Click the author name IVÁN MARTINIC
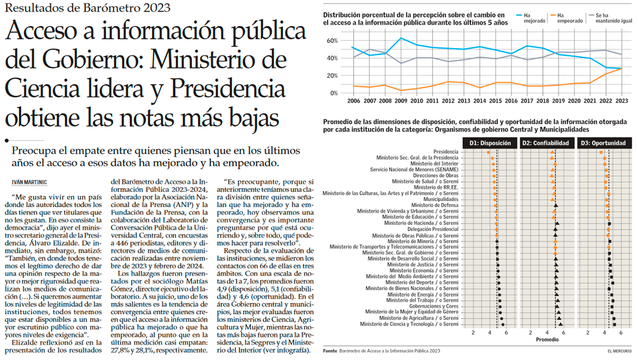click(x=30, y=181)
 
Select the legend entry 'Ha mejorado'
click(x=534, y=17)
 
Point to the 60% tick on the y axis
click(x=332, y=41)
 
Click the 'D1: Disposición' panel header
click(x=490, y=143)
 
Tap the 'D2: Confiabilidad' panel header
click(x=547, y=143)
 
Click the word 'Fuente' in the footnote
click(x=330, y=351)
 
